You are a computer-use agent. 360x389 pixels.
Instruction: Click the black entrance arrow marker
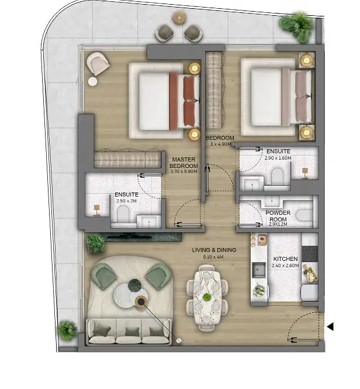[330, 326]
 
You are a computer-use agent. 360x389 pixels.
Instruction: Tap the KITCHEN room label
[285, 259]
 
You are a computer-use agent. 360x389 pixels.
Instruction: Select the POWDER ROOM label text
[278, 216]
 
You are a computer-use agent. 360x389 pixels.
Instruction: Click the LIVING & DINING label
[214, 250]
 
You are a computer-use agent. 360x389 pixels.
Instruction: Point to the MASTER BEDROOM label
[184, 163]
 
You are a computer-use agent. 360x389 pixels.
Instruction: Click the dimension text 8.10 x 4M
[213, 257]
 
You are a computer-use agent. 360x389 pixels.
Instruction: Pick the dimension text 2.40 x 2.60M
[285, 266]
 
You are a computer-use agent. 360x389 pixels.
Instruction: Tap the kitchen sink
[259, 270]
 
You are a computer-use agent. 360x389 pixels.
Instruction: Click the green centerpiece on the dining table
[206, 297]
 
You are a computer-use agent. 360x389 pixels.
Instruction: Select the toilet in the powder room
[304, 215]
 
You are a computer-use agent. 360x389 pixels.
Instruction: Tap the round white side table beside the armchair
[93, 81]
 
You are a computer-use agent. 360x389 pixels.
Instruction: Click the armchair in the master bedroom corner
[98, 63]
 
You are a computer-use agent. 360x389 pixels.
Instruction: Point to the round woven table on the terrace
[179, 18]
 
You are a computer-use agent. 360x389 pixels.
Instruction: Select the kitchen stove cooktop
[310, 253]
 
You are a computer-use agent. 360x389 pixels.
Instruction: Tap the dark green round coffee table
[134, 285]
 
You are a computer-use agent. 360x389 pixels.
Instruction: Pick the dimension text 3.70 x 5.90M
[184, 171]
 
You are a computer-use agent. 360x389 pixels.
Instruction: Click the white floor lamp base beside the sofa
[178, 341]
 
